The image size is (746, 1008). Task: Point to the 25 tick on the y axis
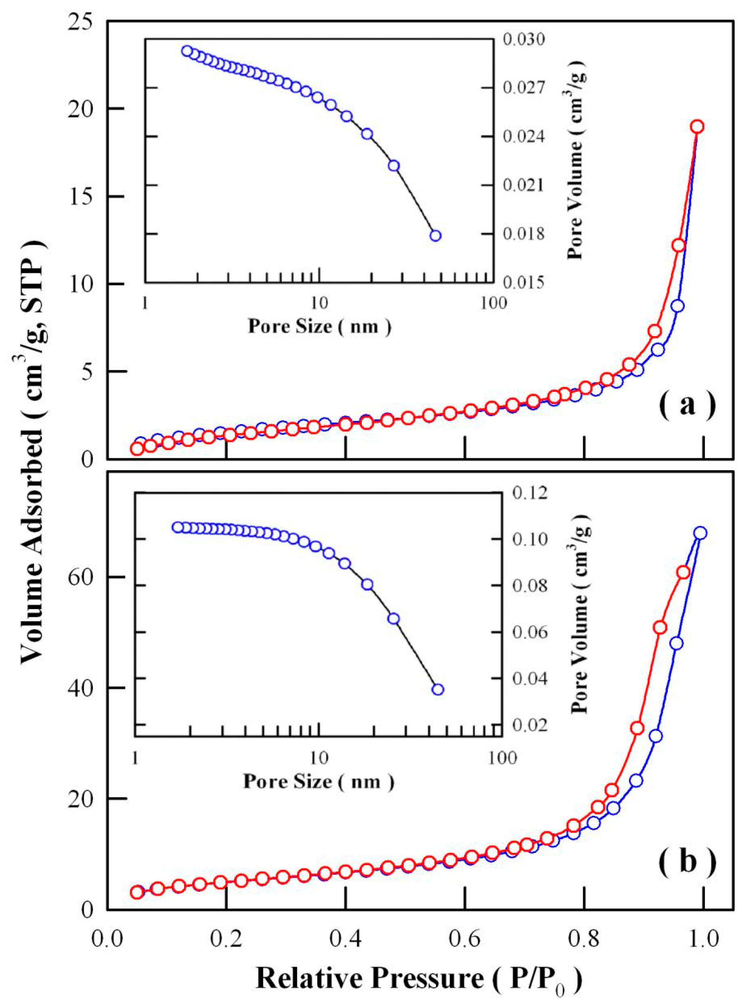[x=82, y=21]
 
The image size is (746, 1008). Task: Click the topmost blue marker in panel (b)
[x=700, y=533]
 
